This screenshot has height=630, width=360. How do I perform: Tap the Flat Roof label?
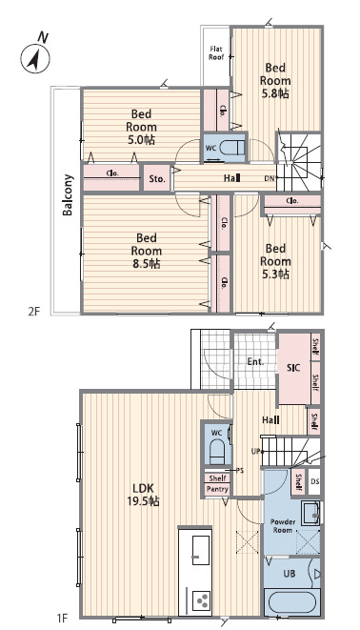[x=216, y=53]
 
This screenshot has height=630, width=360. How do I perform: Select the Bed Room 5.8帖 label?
[x=275, y=80]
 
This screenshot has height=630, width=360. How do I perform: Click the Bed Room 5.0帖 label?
[x=141, y=127]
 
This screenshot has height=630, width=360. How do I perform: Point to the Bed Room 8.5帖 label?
[x=146, y=251]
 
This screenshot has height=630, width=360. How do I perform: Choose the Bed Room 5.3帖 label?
[x=275, y=261]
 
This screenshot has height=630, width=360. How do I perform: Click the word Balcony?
[x=68, y=194]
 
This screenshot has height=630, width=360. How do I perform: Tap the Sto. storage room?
[x=157, y=178]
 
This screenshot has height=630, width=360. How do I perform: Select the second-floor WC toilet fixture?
[x=232, y=148]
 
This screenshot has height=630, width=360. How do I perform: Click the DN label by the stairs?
[x=270, y=178]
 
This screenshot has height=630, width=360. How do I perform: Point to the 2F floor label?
[x=34, y=312]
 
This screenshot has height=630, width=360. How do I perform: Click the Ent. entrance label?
[x=255, y=361]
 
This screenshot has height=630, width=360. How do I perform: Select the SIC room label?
[x=293, y=368]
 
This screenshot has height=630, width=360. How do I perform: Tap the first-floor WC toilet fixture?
[x=217, y=452]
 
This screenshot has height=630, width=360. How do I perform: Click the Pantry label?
[x=217, y=489]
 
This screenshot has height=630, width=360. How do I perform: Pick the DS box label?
[x=314, y=480]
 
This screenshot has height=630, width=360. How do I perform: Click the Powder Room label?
[x=283, y=526]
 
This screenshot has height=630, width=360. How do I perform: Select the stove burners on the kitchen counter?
[x=201, y=600]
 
